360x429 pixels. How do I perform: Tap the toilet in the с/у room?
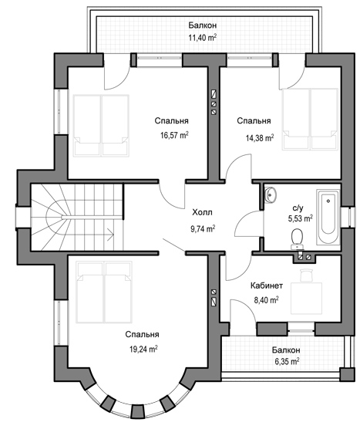297,239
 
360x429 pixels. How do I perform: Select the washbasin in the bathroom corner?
270,194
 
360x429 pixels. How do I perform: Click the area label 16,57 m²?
174,135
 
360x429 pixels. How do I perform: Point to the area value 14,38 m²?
260,137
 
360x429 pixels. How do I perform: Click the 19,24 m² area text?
143,349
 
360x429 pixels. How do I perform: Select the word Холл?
202,212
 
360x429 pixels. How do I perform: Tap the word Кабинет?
267,285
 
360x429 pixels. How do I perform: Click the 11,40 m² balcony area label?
203,37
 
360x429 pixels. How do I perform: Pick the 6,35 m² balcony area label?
287,361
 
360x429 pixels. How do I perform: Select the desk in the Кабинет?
306,299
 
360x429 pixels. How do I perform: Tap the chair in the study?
306,275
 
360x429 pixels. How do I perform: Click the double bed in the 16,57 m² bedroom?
101,126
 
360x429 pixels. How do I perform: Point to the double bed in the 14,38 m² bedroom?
310,119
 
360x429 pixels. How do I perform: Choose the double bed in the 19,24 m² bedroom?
104,292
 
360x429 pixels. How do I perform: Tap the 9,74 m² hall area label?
203,228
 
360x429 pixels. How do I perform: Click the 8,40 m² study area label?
266,300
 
